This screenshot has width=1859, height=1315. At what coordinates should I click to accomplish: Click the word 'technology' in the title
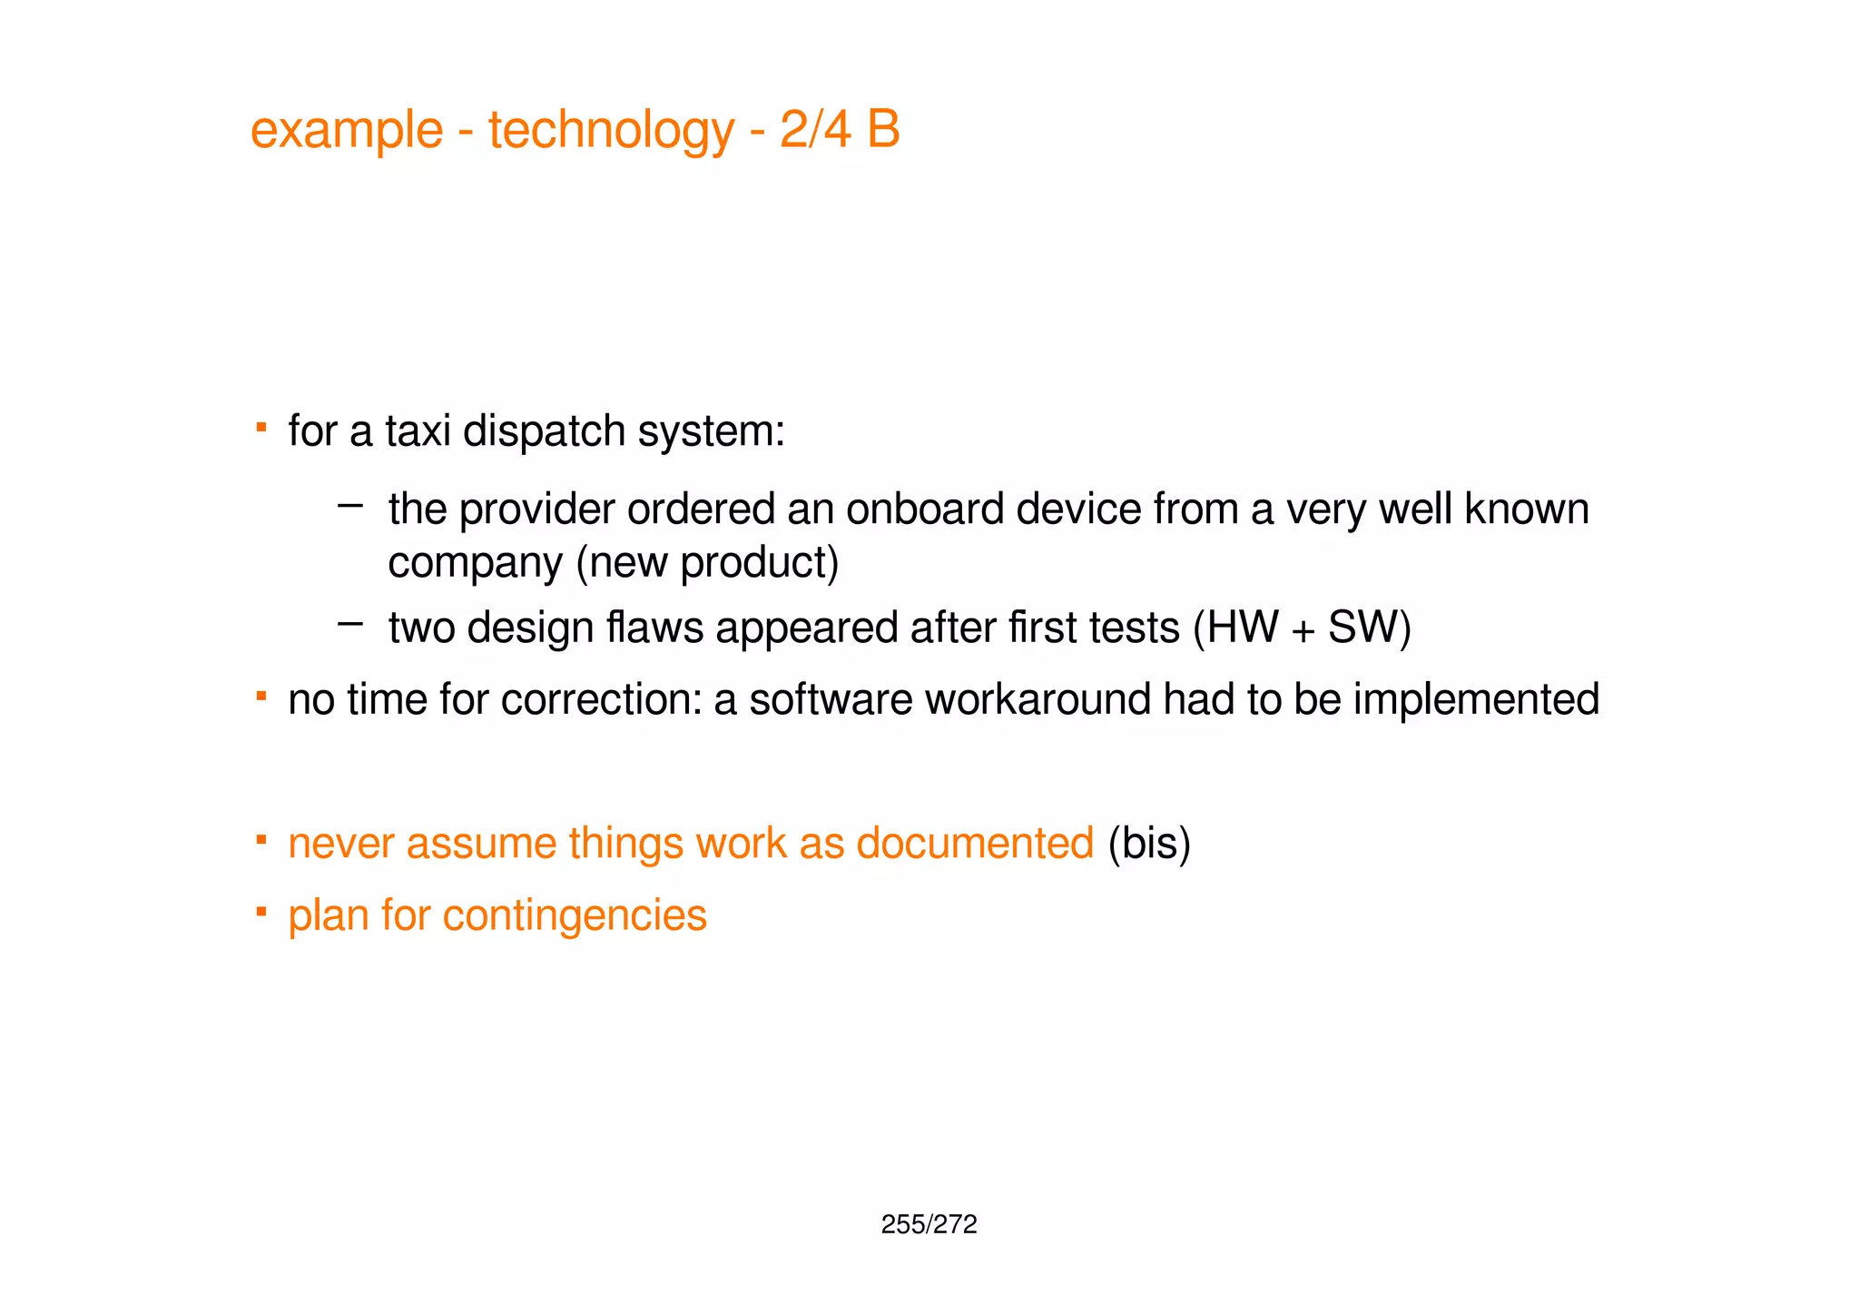pyautogui.click(x=610, y=130)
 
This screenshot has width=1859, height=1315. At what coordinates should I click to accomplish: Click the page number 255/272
pyautogui.click(x=929, y=1225)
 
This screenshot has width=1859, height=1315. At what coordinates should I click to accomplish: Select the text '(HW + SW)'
pyautogui.click(x=1302, y=628)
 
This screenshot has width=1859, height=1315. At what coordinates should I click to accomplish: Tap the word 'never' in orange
pyautogui.click(x=340, y=844)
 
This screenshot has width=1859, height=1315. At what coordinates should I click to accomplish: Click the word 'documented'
pyautogui.click(x=975, y=843)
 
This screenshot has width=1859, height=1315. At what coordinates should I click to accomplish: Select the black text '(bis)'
pyautogui.click(x=1149, y=844)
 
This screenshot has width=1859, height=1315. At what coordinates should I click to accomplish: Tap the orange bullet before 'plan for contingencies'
pyautogui.click(x=261, y=910)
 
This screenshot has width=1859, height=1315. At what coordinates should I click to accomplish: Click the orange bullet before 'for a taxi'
pyautogui.click(x=261, y=425)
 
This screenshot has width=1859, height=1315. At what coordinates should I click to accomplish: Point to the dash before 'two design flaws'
pyautogui.click(x=349, y=623)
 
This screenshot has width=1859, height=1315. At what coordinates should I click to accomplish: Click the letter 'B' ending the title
pyautogui.click(x=882, y=129)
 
